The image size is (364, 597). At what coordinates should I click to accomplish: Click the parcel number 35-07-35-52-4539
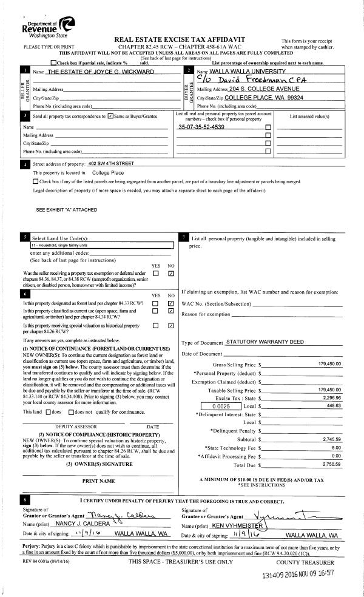click(201, 127)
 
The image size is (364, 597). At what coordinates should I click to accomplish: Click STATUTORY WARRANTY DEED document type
click(265, 342)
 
